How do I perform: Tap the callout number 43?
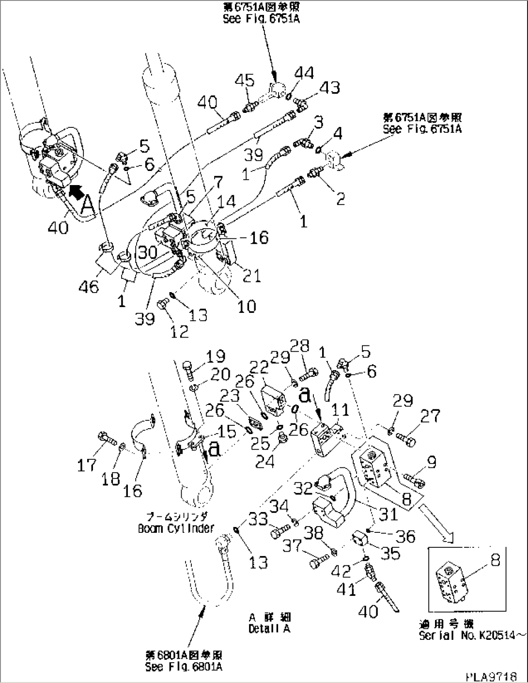(x=329, y=88)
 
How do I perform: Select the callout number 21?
(x=251, y=276)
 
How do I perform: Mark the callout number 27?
(x=430, y=416)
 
